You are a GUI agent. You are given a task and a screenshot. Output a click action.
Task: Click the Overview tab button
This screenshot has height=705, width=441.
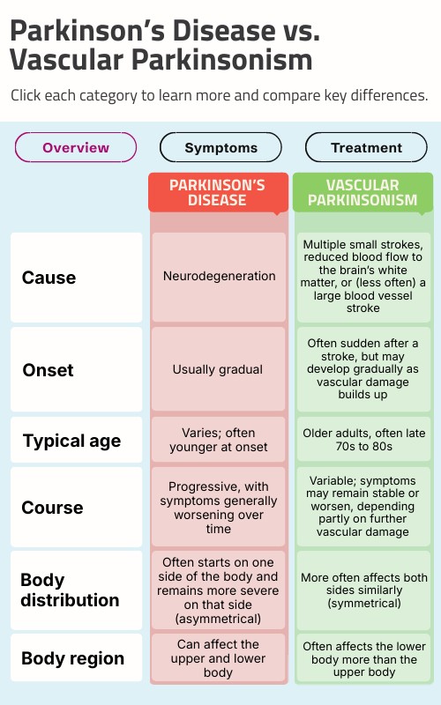coord(76,147)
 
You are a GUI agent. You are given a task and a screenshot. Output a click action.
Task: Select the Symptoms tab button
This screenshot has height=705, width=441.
coord(221,147)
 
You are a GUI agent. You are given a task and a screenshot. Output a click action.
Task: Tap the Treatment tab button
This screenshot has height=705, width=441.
coord(366,147)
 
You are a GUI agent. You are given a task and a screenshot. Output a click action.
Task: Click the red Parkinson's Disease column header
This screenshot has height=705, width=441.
coord(218,192)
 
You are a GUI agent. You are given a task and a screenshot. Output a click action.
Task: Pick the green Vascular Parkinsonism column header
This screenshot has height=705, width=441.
coord(363,192)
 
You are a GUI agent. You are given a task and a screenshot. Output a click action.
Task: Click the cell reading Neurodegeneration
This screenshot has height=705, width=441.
coord(219,277)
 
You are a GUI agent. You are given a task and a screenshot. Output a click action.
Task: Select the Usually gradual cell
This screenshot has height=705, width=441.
coord(219,369)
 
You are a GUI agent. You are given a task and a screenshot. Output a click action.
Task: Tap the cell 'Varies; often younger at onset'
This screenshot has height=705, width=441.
coord(219,440)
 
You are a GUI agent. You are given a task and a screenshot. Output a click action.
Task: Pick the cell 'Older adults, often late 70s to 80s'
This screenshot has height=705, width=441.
coord(363,440)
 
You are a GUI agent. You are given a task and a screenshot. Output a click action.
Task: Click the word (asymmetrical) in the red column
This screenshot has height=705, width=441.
coord(218,619)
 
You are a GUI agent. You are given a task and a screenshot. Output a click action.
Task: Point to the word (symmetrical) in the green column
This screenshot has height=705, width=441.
coord(364,603)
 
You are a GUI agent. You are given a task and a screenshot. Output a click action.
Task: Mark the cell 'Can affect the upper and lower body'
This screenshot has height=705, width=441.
coord(219,657)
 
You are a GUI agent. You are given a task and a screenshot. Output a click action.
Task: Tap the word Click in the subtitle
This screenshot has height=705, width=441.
coord(26,95)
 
